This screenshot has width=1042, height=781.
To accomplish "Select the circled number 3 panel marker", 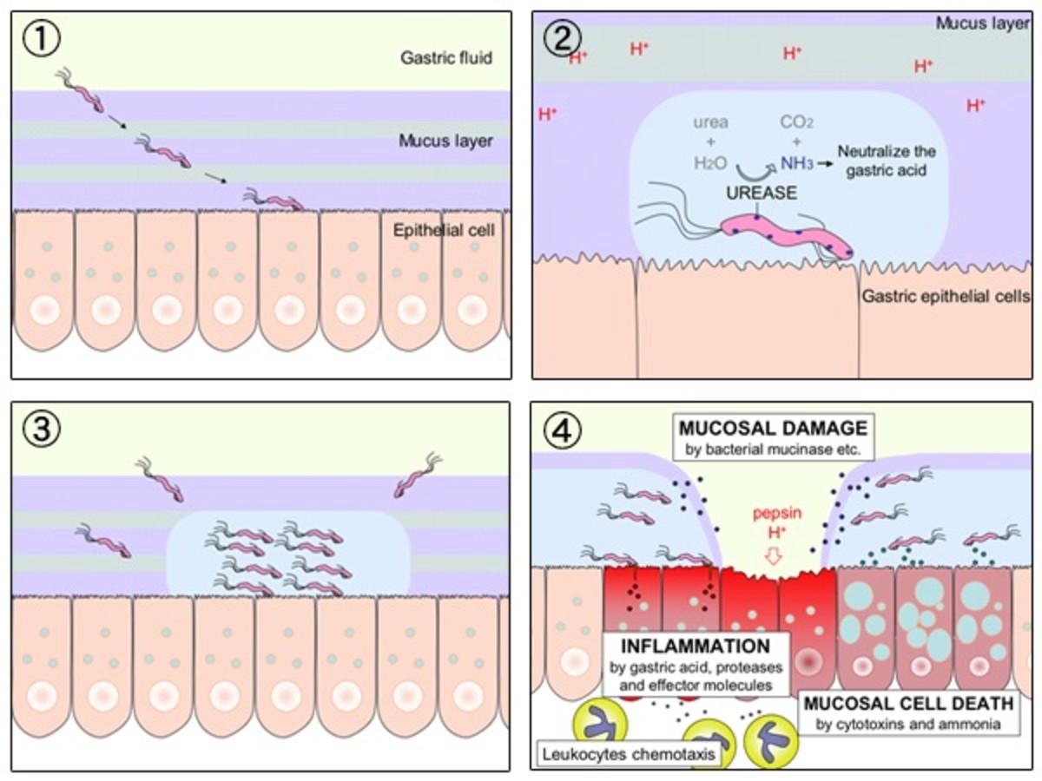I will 41,430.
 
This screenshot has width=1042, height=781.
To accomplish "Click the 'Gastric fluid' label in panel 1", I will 446,58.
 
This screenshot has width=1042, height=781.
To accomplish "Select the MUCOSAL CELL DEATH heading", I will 907,701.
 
